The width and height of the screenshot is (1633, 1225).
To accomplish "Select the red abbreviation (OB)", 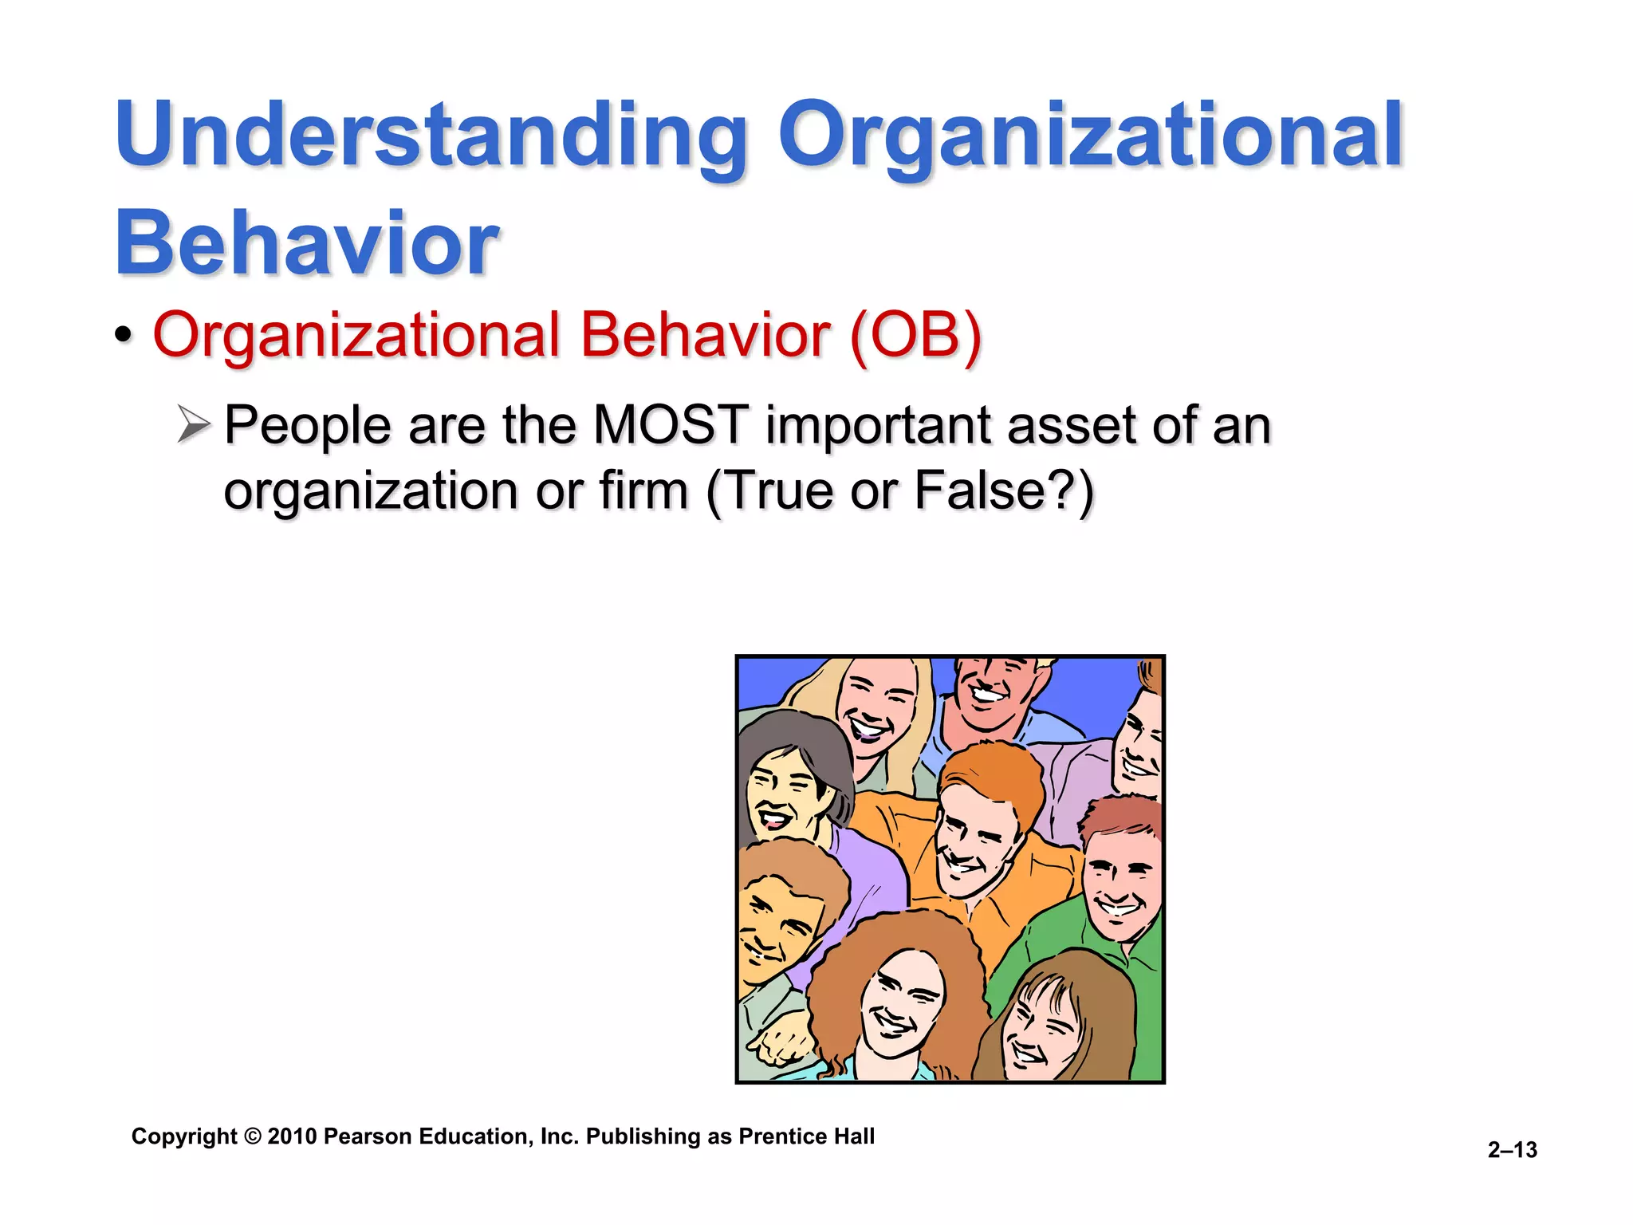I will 915,335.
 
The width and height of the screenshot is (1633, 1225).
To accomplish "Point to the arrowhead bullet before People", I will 193,424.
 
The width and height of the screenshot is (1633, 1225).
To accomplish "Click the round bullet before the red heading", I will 122,336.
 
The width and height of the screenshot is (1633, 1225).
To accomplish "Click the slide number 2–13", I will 1512,1149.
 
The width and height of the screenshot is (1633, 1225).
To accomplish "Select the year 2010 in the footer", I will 293,1136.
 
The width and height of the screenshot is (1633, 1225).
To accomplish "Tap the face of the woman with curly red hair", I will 901,1005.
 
